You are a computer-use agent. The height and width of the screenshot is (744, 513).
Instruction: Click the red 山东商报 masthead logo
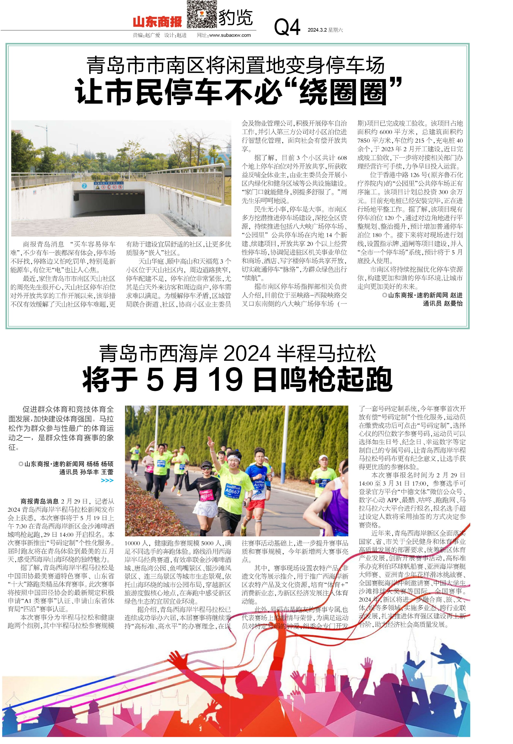(x=157, y=22)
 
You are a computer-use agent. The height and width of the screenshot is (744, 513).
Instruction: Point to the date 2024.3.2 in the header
(x=317, y=30)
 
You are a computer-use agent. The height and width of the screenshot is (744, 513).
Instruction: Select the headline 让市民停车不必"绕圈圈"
(x=238, y=92)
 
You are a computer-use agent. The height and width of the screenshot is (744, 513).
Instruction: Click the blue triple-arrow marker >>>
(x=107, y=480)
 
